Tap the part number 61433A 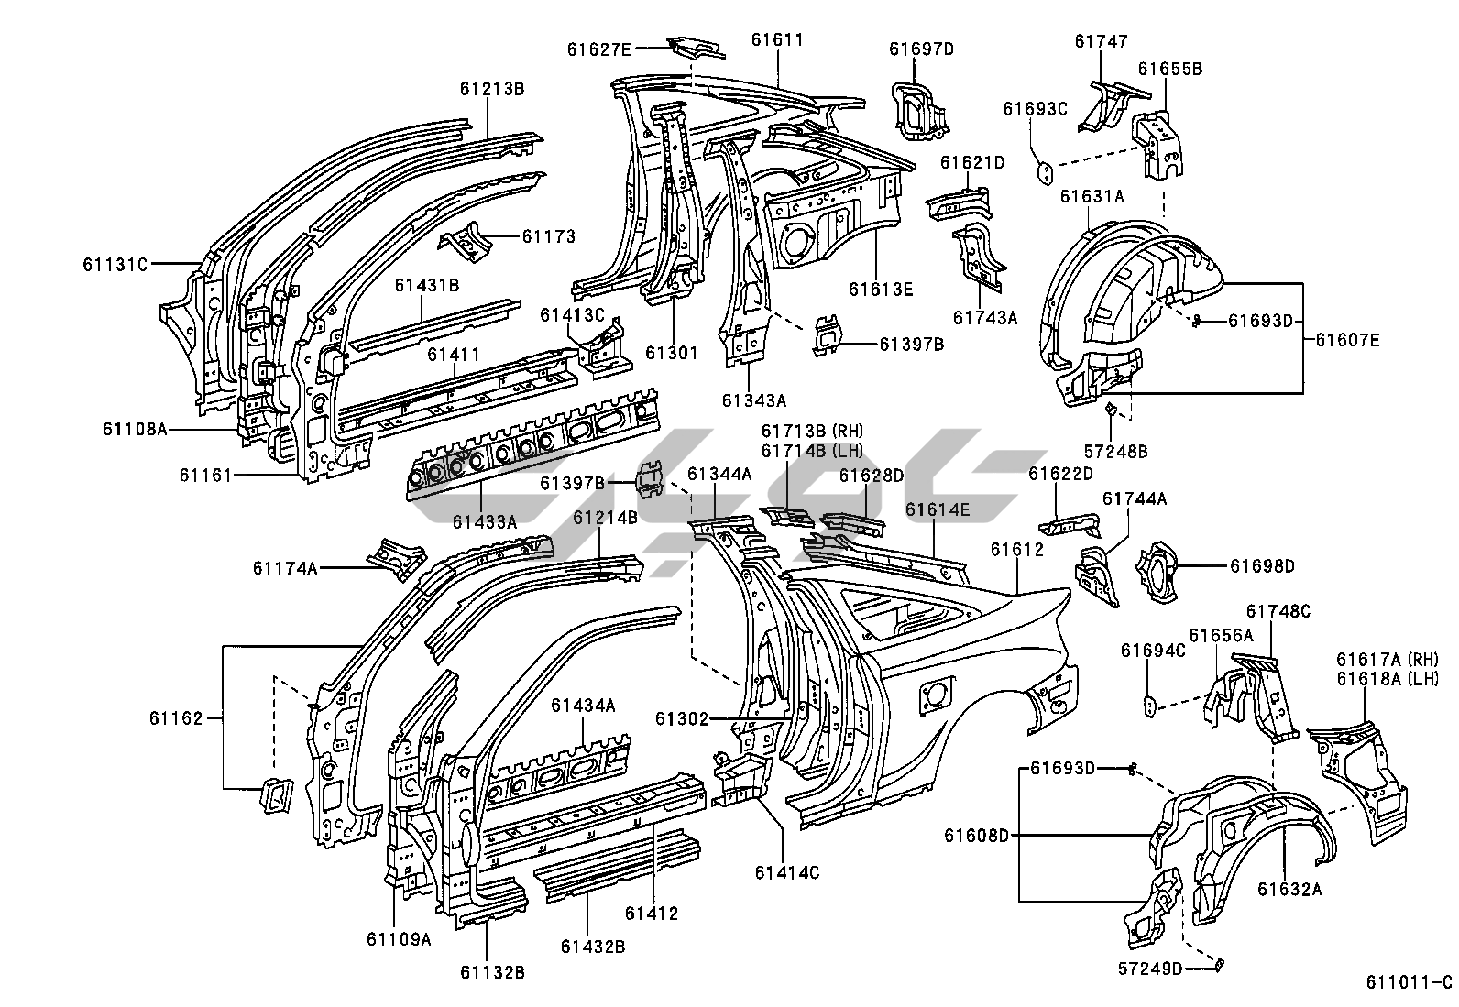pyautogui.click(x=484, y=521)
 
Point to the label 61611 pyautogui.click(x=777, y=39)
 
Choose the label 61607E pyautogui.click(x=1347, y=340)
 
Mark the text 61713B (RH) pyautogui.click(x=812, y=431)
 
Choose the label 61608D pyautogui.click(x=976, y=835)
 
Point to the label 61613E pyautogui.click(x=880, y=290)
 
